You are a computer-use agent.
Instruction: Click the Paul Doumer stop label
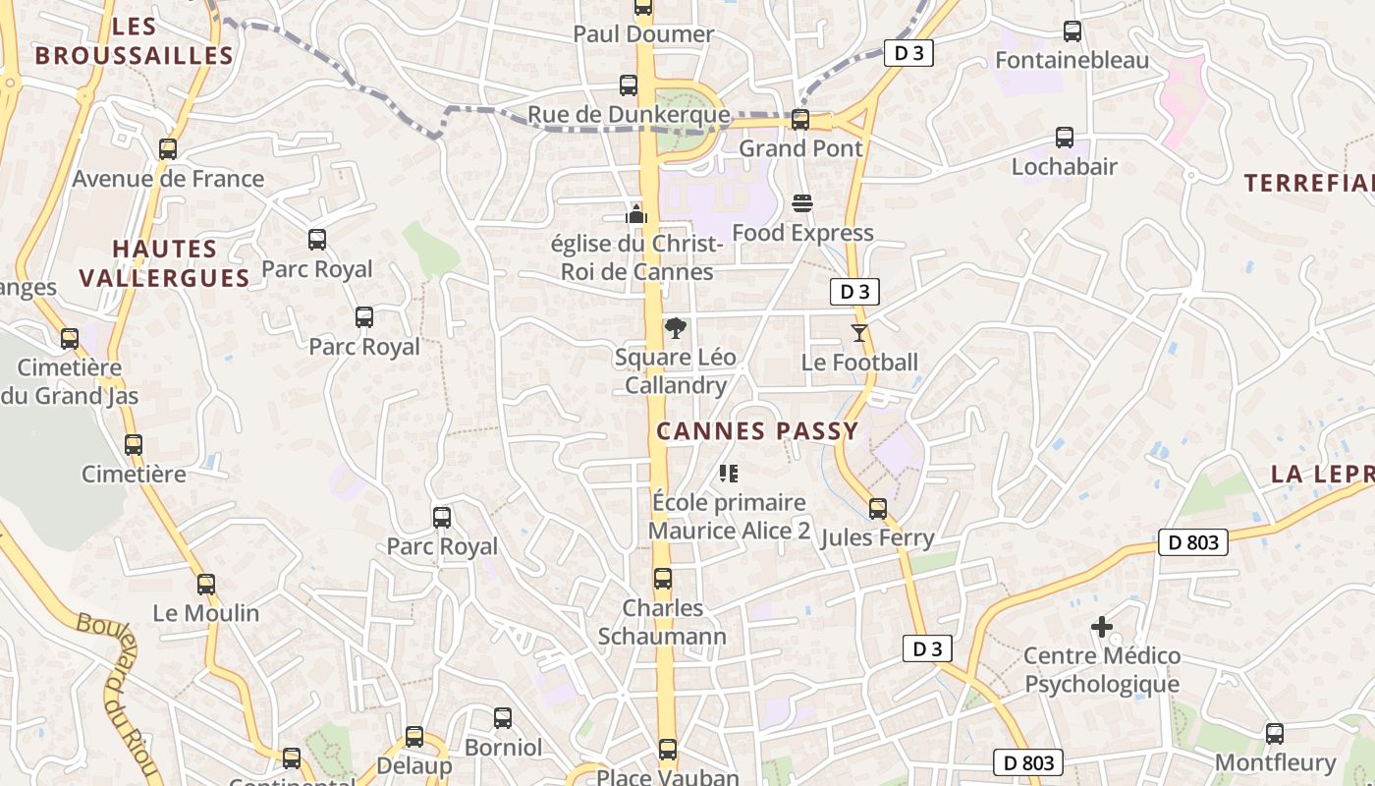tap(643, 34)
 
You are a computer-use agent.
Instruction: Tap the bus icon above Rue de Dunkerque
tap(629, 85)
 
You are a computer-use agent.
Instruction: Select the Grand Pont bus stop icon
tap(800, 120)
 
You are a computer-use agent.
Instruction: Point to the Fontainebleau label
tap(1072, 60)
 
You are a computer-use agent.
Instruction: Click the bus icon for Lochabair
tap(1065, 138)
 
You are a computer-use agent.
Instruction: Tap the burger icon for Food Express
tap(802, 204)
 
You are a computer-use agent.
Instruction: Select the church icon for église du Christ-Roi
tap(636, 212)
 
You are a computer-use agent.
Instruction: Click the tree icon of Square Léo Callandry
tap(675, 328)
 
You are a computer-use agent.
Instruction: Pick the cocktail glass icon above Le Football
tap(859, 333)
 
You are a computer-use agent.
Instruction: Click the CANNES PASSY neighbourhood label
tap(757, 430)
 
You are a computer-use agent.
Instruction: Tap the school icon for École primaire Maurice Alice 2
tap(729, 474)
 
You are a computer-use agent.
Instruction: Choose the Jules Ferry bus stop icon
tap(878, 509)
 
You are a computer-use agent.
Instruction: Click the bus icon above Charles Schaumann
tap(663, 579)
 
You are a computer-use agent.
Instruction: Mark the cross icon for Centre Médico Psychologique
tap(1102, 626)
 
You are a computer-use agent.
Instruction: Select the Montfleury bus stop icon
tap(1275, 733)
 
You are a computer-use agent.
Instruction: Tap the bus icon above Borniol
tap(503, 718)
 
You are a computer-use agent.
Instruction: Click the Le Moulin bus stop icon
tap(206, 585)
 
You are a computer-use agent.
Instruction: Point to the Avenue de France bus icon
tap(168, 149)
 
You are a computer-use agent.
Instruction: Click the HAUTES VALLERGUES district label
tap(164, 263)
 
